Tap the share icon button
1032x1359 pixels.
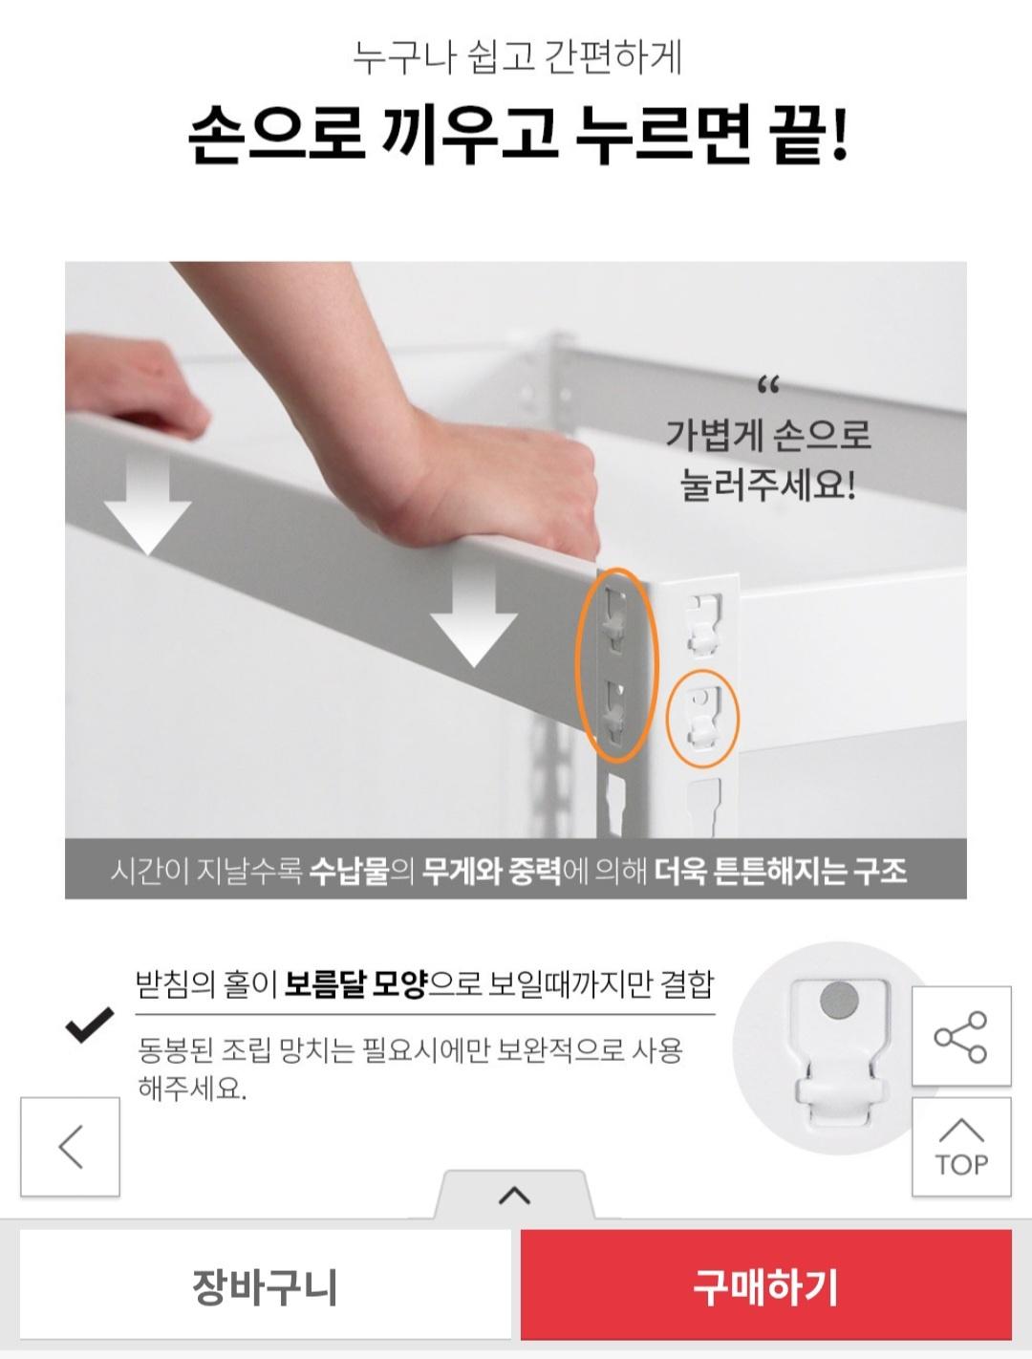pyautogui.click(x=960, y=1036)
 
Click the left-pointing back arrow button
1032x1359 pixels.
pyautogui.click(x=70, y=1147)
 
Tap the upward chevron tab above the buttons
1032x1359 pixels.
pyautogui.click(x=514, y=1196)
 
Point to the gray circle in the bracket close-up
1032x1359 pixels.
pyautogui.click(x=839, y=1000)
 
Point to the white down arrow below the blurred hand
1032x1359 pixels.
pyautogui.click(x=147, y=506)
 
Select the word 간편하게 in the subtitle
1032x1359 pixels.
pyautogui.click(x=613, y=57)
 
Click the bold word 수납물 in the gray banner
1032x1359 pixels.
pyautogui.click(x=349, y=871)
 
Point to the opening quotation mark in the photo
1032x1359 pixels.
pyautogui.click(x=768, y=386)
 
